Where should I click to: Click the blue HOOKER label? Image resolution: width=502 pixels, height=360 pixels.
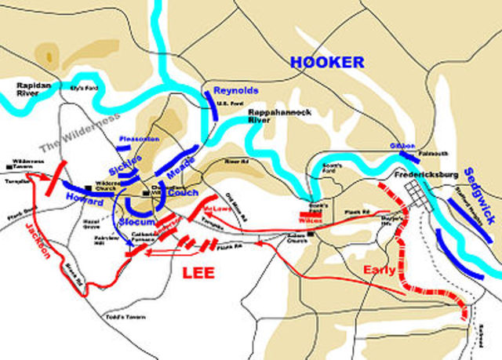[x=327, y=63]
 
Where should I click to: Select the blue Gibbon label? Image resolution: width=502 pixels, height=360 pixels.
[x=400, y=146]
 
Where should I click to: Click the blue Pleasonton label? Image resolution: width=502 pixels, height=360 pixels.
[x=139, y=139]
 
